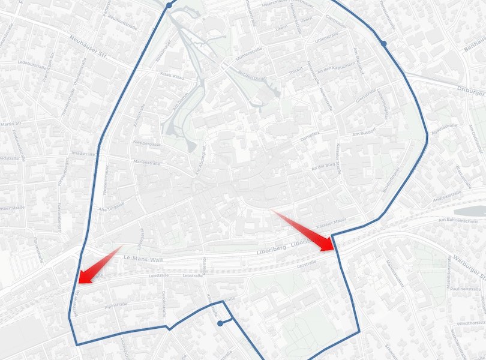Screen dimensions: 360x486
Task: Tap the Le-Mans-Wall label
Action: (143, 257)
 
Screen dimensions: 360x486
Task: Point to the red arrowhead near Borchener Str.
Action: (82, 277)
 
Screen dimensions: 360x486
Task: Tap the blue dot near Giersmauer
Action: (383, 43)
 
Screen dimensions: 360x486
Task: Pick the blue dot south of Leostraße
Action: (220, 323)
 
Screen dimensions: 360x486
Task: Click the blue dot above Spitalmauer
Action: (169, 4)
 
